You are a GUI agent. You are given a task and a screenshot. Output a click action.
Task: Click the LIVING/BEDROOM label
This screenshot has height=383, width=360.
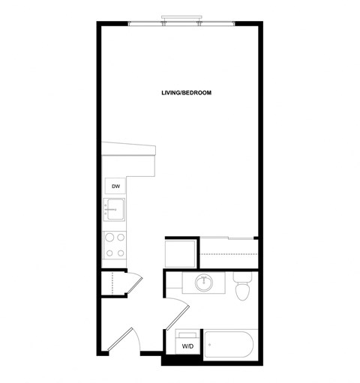click(x=186, y=93)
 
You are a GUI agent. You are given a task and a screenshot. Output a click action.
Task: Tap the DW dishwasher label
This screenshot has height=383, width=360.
click(x=116, y=186)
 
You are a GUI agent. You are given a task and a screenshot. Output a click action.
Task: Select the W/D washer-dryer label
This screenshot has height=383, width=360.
click(x=187, y=346)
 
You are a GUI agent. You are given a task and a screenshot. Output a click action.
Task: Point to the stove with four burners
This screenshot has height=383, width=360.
click(x=115, y=244)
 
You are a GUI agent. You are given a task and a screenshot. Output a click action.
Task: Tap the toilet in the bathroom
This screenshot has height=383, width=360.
click(x=241, y=289)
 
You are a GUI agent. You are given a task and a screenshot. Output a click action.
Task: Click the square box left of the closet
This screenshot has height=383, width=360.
click(x=180, y=253)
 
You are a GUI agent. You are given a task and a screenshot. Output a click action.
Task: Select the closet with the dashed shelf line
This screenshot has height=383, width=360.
click(x=229, y=253)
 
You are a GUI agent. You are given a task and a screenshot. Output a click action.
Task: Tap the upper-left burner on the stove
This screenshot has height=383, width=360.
click(x=109, y=238)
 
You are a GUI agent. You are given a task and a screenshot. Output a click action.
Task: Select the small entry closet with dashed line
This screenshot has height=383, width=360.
click(x=112, y=285)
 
